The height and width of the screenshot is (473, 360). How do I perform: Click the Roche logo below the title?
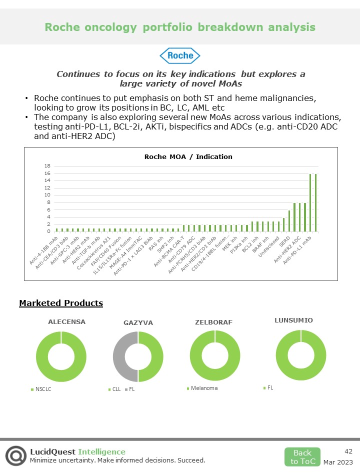pyautogui.click(x=180, y=55)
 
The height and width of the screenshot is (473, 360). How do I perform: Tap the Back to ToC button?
pyautogui.click(x=302, y=457)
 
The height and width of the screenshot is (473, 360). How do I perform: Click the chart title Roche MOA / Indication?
pyautogui.click(x=188, y=156)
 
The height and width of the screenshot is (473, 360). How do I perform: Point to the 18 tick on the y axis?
pyautogui.click(x=47, y=166)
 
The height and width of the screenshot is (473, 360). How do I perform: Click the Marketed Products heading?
pyautogui.click(x=61, y=303)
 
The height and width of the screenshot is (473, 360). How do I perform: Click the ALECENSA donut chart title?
pyautogui.click(x=66, y=322)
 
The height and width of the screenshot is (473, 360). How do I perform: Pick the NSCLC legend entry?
pyautogui.click(x=42, y=389)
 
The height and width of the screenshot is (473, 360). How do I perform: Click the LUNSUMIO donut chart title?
pyautogui.click(x=293, y=320)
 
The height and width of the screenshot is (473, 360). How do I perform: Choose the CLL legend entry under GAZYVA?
pyautogui.click(x=116, y=389)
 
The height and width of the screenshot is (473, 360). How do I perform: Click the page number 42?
pyautogui.click(x=348, y=451)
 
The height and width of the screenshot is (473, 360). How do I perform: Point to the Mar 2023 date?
pyautogui.click(x=338, y=462)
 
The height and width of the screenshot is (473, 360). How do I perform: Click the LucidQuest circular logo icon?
pyautogui.click(x=16, y=455)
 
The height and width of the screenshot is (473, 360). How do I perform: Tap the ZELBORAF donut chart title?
pyautogui.click(x=213, y=322)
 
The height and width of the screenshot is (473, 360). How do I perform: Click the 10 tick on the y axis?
pyautogui.click(x=47, y=195)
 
